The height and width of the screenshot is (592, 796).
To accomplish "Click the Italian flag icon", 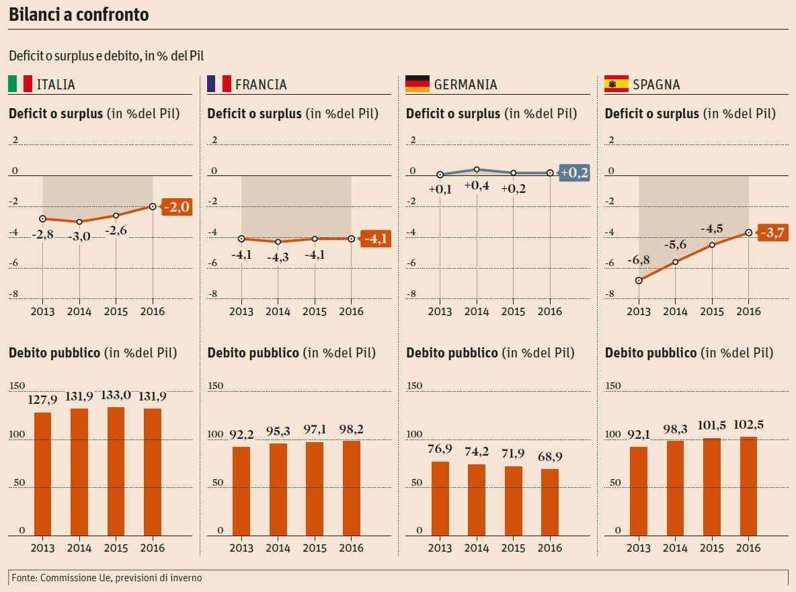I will (x=20, y=84).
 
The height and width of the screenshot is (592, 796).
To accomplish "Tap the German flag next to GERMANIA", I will (x=417, y=84).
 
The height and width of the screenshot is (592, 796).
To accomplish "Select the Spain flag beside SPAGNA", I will (x=616, y=84).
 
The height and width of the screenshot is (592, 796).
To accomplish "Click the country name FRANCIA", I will (x=261, y=85).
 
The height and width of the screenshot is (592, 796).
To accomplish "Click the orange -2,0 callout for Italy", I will (x=176, y=207).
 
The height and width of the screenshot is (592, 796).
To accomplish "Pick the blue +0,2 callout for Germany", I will (x=574, y=173).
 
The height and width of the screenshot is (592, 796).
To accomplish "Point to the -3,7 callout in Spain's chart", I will (x=772, y=233).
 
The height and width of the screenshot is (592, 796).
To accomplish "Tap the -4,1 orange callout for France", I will (x=374, y=239).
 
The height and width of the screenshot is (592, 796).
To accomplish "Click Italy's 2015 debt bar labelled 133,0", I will (x=116, y=471).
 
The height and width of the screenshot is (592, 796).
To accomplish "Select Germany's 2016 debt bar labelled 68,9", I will (x=550, y=502).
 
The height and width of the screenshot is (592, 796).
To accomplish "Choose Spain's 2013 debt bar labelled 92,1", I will (x=639, y=491).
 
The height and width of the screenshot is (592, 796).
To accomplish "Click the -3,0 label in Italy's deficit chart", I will (x=79, y=236).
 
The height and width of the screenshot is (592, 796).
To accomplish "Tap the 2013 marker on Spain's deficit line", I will (x=639, y=280).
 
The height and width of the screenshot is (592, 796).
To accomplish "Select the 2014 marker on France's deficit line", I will (x=278, y=242).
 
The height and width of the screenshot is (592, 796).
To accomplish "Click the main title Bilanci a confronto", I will (x=79, y=15).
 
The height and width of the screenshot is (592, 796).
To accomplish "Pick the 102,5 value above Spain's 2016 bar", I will (x=748, y=425).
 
